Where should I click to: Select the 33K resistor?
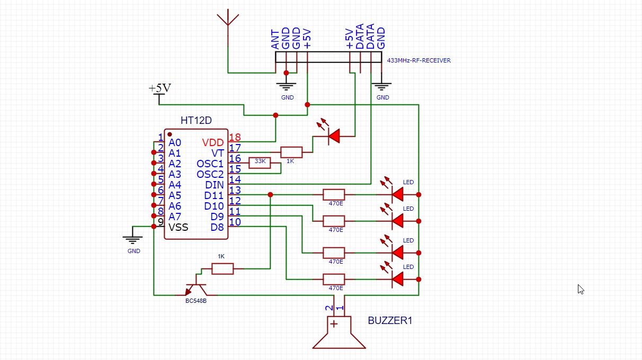[260, 163]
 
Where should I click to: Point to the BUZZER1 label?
[390, 320]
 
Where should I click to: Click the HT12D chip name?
[196, 120]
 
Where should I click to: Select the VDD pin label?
[212, 142]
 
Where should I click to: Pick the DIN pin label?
[215, 185]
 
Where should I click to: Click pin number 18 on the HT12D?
[234, 138]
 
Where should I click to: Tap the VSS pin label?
[179, 227]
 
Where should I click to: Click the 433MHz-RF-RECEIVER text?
[419, 60]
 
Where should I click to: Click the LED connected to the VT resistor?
[333, 137]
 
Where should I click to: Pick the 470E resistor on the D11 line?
[334, 195]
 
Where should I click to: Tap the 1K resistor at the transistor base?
[222, 269]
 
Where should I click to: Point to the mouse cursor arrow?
[581, 289]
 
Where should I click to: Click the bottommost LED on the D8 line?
[397, 279]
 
